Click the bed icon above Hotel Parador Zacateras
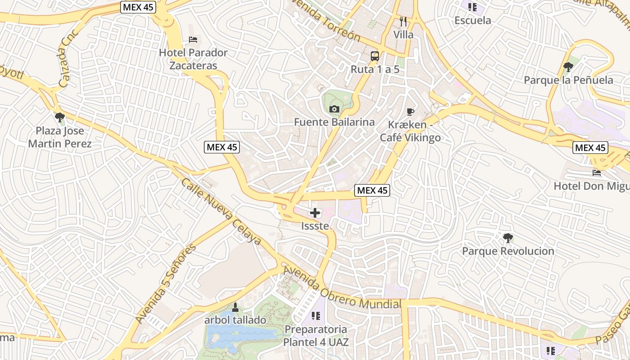(x=193, y=40)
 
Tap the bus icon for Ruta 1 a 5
(x=374, y=56)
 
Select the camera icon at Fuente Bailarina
(x=334, y=109)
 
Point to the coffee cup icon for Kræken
(x=410, y=112)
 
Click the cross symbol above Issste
(x=315, y=213)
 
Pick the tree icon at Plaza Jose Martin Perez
(x=59, y=118)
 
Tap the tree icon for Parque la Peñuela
(x=568, y=67)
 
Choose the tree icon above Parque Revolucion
(x=508, y=238)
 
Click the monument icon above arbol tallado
(x=235, y=307)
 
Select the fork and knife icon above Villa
(x=403, y=21)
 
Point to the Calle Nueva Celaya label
(x=221, y=211)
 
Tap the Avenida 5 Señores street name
(x=166, y=283)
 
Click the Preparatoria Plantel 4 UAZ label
(x=315, y=335)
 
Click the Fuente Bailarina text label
(x=334, y=122)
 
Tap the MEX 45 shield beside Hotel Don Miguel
(x=590, y=148)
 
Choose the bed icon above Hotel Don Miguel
(x=597, y=172)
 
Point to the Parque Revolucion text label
(x=508, y=251)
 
